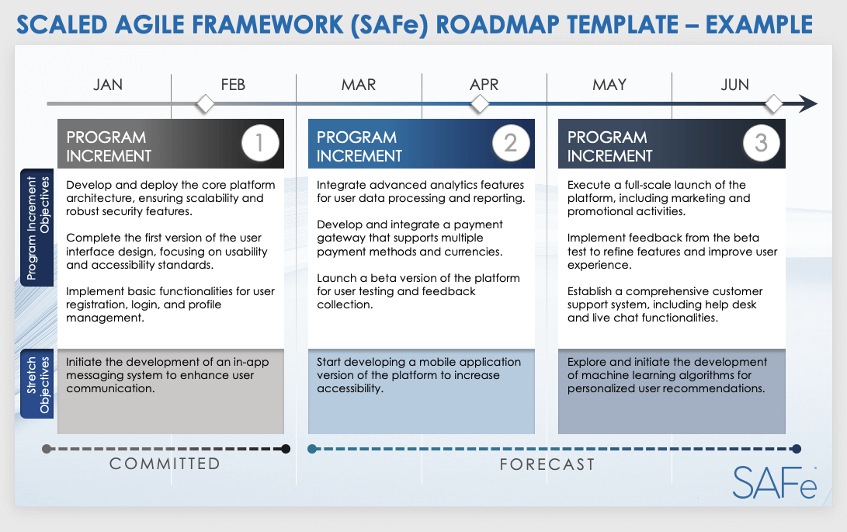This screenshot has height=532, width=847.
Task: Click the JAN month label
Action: tap(108, 85)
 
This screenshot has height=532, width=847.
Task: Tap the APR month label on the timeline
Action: tap(484, 85)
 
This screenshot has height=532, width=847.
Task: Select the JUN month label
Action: tap(734, 85)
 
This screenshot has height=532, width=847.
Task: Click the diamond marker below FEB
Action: tap(205, 103)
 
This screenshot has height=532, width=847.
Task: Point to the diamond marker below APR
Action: tap(480, 103)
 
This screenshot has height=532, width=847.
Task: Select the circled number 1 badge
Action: tap(259, 144)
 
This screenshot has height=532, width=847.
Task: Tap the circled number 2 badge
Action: tap(510, 144)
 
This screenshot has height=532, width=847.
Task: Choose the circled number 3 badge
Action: tap(761, 144)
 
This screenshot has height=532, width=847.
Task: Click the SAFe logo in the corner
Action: tap(775, 482)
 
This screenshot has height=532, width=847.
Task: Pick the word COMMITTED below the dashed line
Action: tap(165, 464)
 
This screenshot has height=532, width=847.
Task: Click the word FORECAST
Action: tap(547, 464)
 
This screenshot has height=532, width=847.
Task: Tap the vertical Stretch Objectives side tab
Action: tap(37, 385)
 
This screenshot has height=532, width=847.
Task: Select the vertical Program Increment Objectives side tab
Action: tap(37, 228)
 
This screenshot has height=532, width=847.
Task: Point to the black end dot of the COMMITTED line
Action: tap(286, 448)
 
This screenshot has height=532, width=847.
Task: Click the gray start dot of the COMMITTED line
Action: tap(47, 448)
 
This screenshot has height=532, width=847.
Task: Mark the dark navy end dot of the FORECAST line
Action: tap(796, 448)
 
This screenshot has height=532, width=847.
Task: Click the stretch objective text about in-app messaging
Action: tap(160, 375)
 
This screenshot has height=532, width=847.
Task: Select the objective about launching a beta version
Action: tap(418, 291)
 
